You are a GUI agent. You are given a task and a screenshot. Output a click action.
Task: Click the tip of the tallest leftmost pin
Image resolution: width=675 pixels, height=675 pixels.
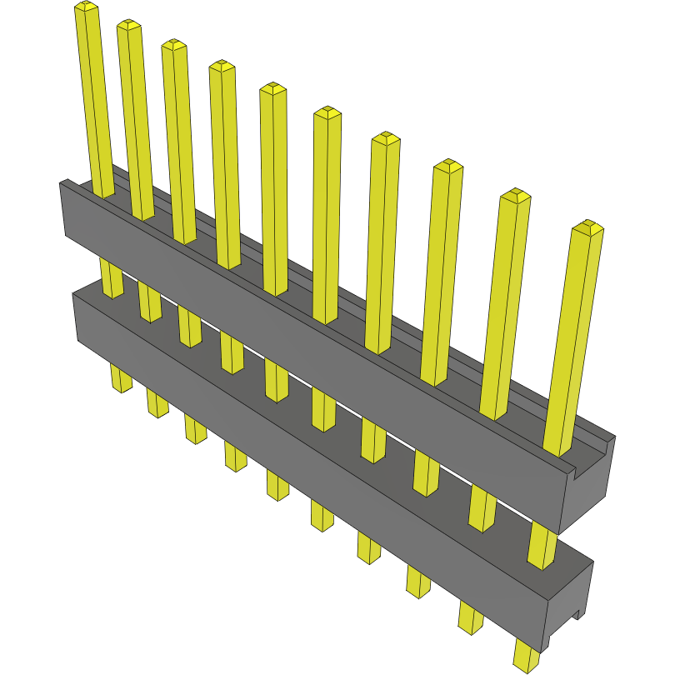[86, 7]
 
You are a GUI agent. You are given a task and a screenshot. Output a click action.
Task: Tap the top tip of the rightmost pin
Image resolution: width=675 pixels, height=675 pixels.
[589, 226]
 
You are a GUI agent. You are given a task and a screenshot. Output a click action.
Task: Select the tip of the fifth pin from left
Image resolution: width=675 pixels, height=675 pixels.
[272, 87]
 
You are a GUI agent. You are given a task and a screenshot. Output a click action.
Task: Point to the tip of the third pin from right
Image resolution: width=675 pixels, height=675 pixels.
[447, 165]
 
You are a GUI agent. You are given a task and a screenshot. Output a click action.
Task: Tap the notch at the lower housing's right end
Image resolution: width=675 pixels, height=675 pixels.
[574, 617]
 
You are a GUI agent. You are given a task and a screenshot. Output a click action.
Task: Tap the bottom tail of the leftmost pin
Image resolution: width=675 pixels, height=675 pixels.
[122, 382]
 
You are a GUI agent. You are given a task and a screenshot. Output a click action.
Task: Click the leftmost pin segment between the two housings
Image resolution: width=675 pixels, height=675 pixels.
[111, 277]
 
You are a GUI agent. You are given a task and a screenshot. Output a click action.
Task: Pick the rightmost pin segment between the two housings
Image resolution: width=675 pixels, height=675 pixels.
[542, 547]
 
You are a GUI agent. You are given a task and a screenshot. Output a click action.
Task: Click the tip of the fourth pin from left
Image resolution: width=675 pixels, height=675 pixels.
[221, 66]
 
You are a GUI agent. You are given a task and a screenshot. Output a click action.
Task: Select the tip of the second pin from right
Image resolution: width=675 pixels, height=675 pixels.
[515, 195]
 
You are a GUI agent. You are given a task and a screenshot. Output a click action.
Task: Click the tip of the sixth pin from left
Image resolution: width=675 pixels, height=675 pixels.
[327, 112]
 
